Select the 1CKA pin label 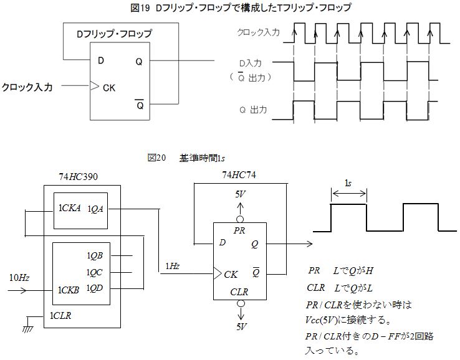(x=70, y=209)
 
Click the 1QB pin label (x=95, y=255)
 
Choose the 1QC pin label (x=95, y=272)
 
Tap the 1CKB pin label (x=69, y=290)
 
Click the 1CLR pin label (x=61, y=315)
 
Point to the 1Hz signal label (x=173, y=266)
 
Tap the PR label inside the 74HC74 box (x=240, y=230)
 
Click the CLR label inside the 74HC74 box (x=239, y=291)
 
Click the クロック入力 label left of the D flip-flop (x=27, y=87)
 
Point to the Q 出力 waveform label (x=253, y=110)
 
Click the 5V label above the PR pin (x=240, y=194)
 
